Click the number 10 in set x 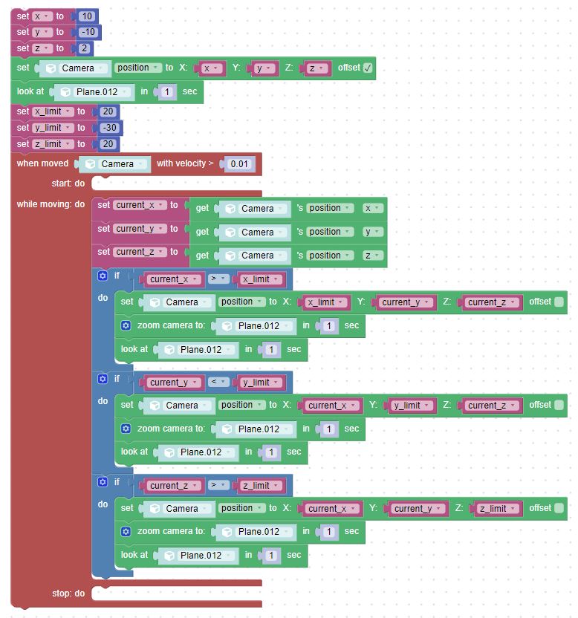(87, 16)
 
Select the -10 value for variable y (88, 32)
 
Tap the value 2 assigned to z (84, 48)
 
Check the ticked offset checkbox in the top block (368, 68)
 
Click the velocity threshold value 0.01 (239, 164)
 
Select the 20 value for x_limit (108, 111)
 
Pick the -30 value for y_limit (109, 128)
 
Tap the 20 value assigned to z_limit (108, 144)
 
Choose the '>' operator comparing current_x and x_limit (218, 279)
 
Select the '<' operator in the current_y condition (218, 382)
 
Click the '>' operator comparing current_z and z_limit (218, 485)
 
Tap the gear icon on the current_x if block (103, 276)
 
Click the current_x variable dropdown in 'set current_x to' (140, 205)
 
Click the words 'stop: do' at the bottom (68, 593)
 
